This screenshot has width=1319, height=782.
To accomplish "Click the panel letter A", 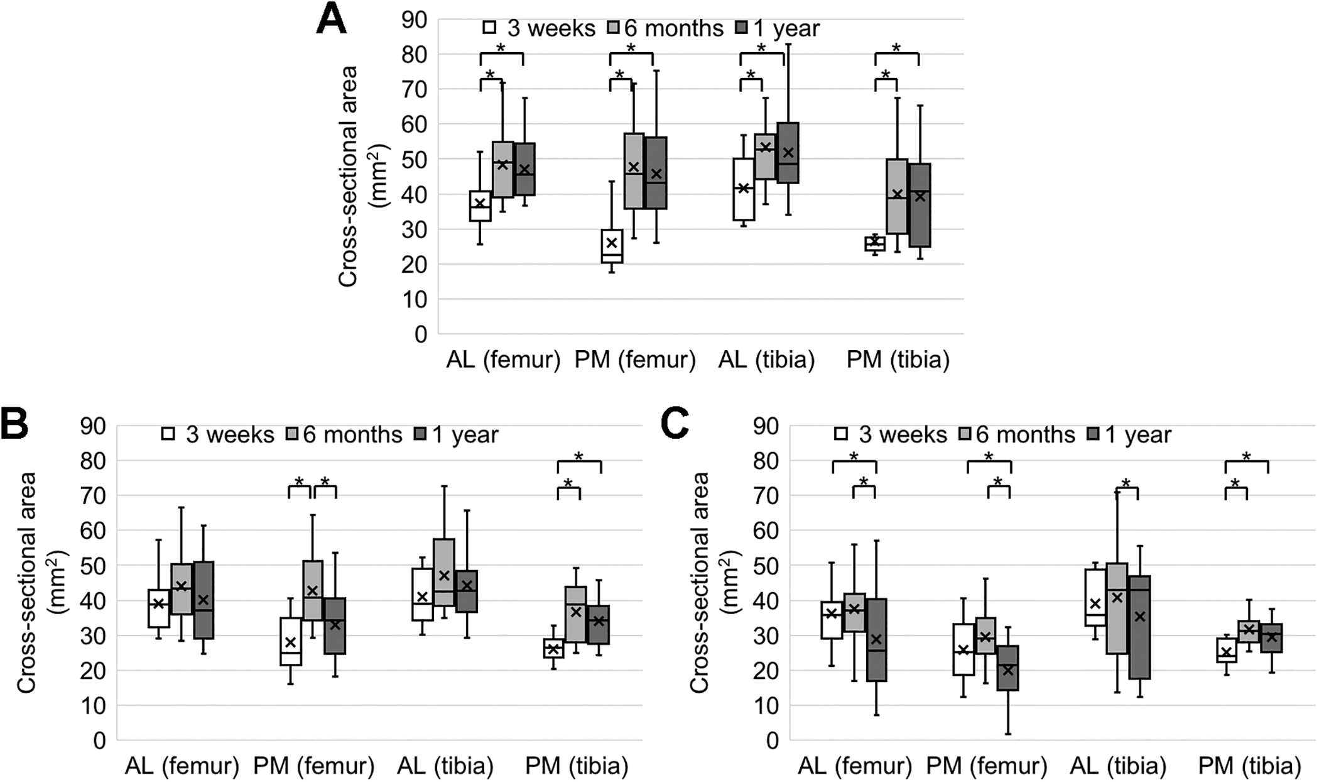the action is click(x=331, y=19).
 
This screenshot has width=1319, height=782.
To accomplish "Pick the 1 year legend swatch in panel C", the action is click(x=1092, y=434).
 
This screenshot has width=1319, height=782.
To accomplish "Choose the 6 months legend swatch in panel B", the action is click(x=293, y=434).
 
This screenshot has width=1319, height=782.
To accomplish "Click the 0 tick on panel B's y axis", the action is click(x=100, y=741).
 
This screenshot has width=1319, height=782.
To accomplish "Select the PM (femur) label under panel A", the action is click(x=635, y=360).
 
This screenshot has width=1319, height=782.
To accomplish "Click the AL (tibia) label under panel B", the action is click(x=445, y=766).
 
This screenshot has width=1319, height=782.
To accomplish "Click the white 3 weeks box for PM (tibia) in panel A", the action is click(x=875, y=243).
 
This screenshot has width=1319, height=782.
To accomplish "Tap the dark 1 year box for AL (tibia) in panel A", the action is click(x=788, y=153).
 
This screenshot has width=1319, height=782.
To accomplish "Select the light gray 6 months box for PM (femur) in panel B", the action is click(x=312, y=590).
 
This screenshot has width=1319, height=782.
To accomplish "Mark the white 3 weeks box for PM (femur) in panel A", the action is click(x=611, y=246).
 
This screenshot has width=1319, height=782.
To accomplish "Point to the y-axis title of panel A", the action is click(x=363, y=176).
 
